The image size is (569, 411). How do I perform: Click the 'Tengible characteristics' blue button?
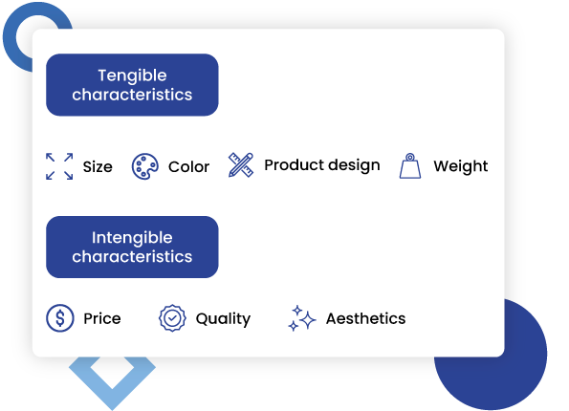click(132, 85)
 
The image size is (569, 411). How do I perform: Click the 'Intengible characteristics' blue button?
click(132, 247)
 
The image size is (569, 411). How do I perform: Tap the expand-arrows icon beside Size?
click(59, 166)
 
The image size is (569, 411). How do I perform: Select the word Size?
click(98, 167)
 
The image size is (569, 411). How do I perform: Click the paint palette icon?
click(144, 166)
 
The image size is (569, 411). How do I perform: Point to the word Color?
click(188, 167)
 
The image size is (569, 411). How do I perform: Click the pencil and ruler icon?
click(241, 164)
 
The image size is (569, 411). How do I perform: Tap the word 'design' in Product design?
click(353, 166)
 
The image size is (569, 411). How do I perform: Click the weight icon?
click(410, 165)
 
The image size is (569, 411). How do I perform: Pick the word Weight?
click(461, 166)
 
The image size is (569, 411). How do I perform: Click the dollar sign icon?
click(60, 318)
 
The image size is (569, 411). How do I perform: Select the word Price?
click(102, 318)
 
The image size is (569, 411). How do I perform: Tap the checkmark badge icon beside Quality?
click(171, 318)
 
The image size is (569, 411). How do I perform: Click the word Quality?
click(223, 319)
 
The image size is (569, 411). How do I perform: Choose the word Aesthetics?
click(365, 318)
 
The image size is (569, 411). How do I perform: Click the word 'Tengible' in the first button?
click(132, 76)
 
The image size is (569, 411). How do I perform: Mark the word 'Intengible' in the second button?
click(132, 237)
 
